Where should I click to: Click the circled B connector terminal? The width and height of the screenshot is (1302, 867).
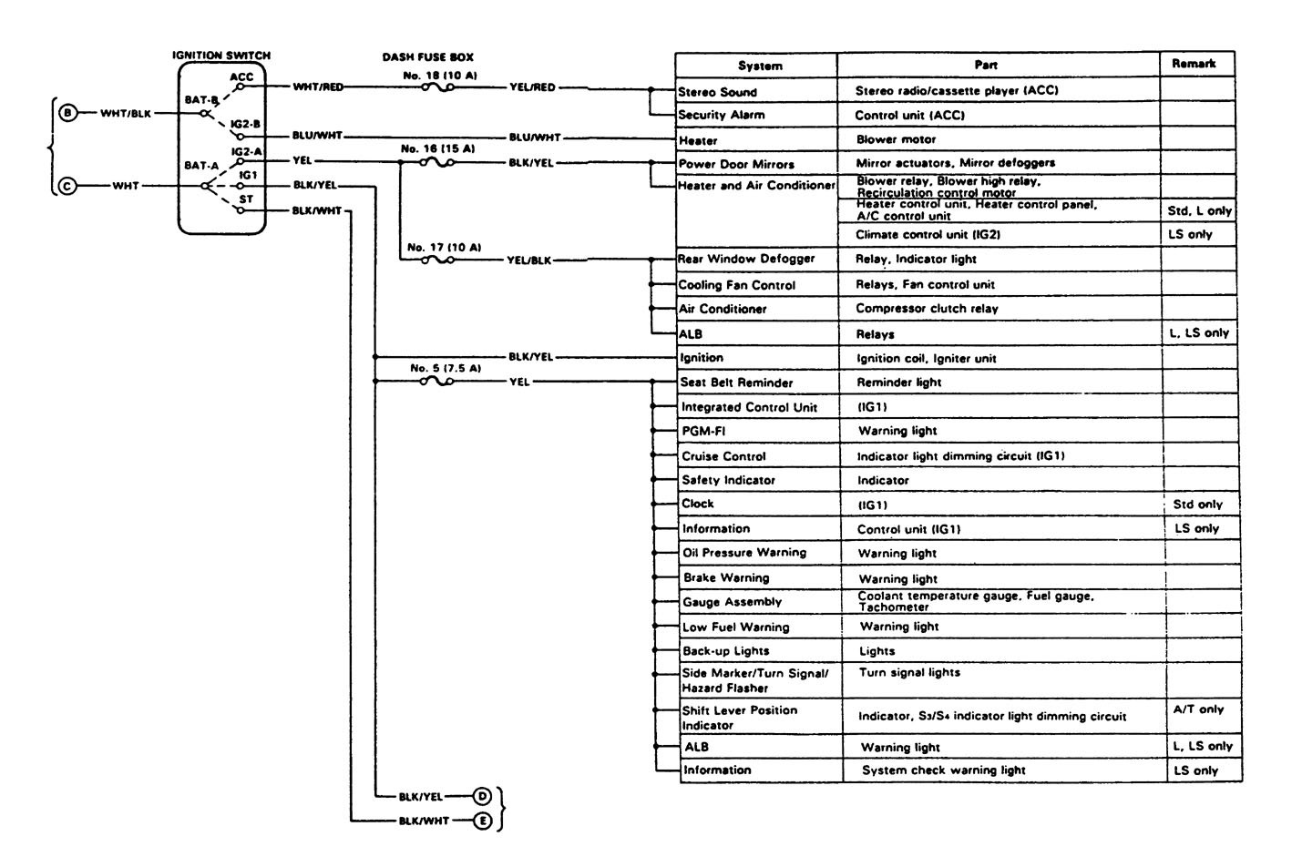click(x=67, y=114)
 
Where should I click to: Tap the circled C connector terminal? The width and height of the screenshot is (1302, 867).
click(x=67, y=186)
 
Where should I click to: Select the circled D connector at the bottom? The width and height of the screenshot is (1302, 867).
click(x=482, y=796)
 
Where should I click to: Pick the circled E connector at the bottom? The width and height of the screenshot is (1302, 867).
click(x=482, y=821)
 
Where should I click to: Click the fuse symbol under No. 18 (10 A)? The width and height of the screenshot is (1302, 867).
click(x=438, y=88)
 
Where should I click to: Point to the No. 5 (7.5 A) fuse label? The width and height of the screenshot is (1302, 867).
click(x=445, y=368)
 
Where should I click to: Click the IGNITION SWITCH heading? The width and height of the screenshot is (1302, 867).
click(x=221, y=56)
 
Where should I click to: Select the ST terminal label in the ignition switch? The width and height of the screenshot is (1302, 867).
click(x=246, y=199)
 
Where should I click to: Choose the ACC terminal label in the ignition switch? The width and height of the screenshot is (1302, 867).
click(x=241, y=76)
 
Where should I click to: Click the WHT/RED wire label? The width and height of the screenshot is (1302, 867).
click(x=318, y=87)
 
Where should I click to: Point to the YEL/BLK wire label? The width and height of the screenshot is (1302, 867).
click(x=528, y=260)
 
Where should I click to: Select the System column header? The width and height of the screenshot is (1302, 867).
click(x=760, y=66)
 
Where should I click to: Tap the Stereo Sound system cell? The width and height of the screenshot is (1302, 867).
click(x=718, y=92)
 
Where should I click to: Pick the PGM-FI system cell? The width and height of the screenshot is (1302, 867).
click(x=703, y=431)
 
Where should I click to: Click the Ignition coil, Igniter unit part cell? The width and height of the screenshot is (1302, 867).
click(x=927, y=358)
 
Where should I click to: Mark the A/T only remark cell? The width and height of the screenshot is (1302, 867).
click(x=1198, y=709)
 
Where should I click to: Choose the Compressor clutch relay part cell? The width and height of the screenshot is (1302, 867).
click(x=927, y=309)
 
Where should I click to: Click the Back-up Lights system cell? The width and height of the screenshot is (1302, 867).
click(x=725, y=651)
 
